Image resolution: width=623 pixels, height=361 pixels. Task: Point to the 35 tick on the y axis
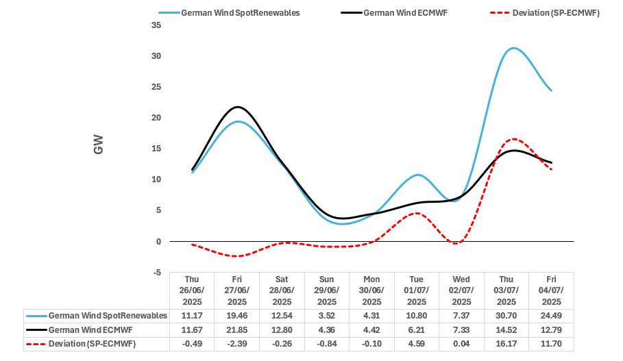[156, 25]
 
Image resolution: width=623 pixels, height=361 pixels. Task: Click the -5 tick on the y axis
[157, 273]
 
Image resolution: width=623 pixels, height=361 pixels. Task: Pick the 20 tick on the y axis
[156, 118]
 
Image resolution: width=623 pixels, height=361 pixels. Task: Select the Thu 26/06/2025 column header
[192, 290]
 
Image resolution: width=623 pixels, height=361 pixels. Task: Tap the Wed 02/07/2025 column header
[461, 290]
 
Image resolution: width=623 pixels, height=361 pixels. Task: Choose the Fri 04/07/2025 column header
[551, 290]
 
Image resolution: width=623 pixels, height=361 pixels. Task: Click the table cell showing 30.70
[506, 316]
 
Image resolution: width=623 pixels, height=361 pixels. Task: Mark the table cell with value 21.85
[237, 329]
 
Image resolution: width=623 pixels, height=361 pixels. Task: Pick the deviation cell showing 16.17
[506, 343]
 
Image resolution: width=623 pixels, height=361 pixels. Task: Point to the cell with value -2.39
[237, 343]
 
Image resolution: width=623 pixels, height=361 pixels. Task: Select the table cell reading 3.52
[327, 316]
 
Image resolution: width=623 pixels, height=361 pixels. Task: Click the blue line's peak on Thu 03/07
[513, 48]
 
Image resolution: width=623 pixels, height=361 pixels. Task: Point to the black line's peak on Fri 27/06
[237, 107]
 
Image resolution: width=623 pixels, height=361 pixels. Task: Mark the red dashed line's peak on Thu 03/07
[514, 139]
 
